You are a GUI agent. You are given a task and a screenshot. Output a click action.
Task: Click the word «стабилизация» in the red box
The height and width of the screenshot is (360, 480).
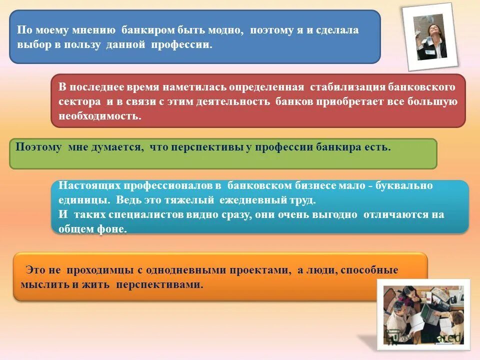(x=347, y=87)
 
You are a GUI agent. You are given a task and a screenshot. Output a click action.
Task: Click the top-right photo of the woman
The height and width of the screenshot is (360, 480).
(x=430, y=36)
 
